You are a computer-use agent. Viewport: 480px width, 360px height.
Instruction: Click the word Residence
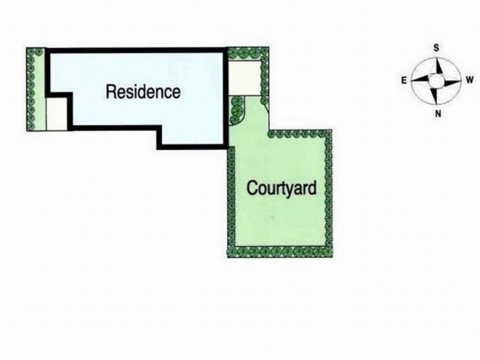coord(143,92)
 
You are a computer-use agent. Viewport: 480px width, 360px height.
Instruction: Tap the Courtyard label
coord(281,188)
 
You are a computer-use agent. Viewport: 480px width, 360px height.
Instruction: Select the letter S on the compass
coord(436,48)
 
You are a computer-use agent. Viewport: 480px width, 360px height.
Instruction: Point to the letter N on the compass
coord(438,114)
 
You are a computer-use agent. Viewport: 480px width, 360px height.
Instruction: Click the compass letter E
coord(404,80)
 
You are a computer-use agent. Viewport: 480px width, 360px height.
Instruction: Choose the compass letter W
coord(470,80)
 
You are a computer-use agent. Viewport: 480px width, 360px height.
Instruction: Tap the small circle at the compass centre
coord(436,81)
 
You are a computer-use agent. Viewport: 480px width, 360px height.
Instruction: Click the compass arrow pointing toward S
coord(439,66)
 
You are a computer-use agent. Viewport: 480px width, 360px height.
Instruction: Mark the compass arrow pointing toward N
coord(433,95)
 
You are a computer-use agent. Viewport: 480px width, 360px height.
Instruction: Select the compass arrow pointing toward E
coord(421,79)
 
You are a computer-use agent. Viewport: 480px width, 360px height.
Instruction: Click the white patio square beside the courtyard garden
coord(245,78)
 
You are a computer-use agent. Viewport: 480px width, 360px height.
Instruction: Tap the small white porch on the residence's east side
coord(56,113)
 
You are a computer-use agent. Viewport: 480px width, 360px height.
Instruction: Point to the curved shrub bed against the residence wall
coord(236,110)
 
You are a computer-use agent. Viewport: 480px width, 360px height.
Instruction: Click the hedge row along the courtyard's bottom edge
coord(280,252)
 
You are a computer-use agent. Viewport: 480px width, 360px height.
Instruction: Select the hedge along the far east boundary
coord(31,89)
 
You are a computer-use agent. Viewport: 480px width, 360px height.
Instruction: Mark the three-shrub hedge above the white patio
coord(244,54)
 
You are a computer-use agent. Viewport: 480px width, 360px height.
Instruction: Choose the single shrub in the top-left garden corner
coord(39,52)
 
